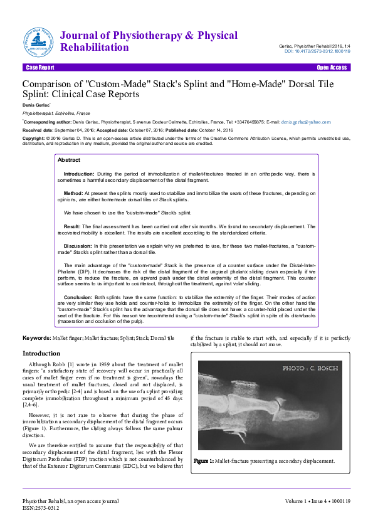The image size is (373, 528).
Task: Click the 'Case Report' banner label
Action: (x=39, y=67)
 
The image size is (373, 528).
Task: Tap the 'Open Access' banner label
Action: (x=332, y=67)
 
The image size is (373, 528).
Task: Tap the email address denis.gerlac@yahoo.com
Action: (x=307, y=121)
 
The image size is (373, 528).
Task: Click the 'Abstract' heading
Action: (x=69, y=161)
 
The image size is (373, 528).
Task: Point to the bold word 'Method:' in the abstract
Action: (x=73, y=194)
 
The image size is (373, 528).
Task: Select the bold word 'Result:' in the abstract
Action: (x=73, y=226)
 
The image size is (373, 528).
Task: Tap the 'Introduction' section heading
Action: (x=46, y=354)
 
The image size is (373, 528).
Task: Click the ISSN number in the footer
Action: (x=41, y=508)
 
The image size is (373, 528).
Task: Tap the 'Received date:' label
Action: (x=38, y=130)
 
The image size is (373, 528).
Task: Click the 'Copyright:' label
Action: (x=34, y=137)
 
